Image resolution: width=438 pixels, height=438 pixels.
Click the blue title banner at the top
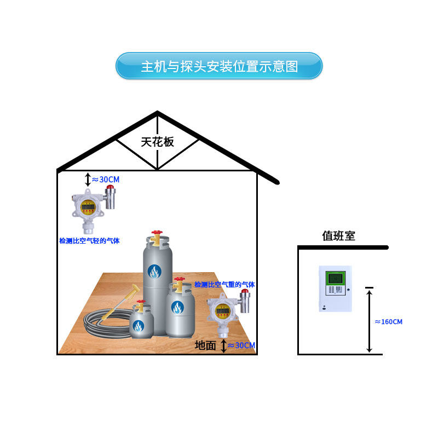tap(219, 66)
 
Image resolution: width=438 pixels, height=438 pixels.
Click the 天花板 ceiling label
tap(158, 142)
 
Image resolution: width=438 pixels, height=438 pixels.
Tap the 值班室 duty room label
tap(338, 236)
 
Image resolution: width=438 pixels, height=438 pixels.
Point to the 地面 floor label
tap(206, 345)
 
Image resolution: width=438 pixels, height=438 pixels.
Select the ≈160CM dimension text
tap(389, 322)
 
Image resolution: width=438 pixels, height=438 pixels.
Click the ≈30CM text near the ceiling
tap(106, 179)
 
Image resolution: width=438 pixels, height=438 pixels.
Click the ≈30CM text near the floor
tap(241, 345)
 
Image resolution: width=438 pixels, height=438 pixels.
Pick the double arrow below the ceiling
tap(88, 179)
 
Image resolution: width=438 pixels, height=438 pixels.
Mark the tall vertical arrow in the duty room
tap(370, 320)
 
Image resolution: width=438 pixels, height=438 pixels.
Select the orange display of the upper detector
tap(87, 206)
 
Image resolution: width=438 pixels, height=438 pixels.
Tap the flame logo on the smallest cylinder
tap(139, 326)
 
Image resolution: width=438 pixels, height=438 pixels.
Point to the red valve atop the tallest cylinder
tap(157, 233)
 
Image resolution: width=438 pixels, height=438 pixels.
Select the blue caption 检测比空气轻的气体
tap(89, 241)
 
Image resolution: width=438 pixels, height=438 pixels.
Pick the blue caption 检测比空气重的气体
tap(224, 285)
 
